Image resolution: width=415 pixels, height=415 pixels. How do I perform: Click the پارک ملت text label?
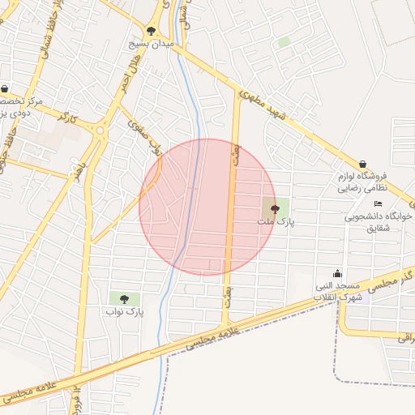272,221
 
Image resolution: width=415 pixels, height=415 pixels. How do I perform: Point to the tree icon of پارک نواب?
123,299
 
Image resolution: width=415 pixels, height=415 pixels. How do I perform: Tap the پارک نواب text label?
124,311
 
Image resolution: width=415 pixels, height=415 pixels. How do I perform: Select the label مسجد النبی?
343,287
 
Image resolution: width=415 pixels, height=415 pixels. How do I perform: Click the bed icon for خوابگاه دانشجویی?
378,203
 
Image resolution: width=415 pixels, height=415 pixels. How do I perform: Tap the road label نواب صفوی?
146,139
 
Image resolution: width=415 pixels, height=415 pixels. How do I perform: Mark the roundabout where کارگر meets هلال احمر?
101,130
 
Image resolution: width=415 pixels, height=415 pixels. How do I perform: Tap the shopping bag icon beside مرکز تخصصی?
6,89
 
